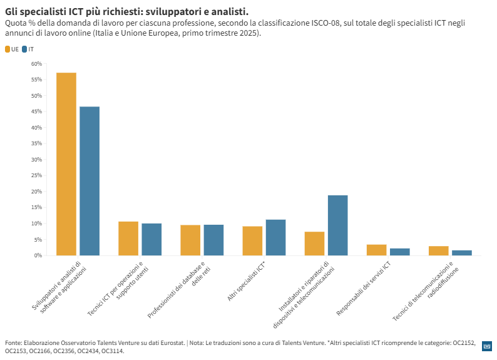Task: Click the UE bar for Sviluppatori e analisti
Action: pos(66,164)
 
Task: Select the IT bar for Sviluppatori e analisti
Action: pos(90,181)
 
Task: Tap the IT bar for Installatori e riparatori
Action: pos(337,225)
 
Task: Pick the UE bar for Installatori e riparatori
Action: pos(314,244)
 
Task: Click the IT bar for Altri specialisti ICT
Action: pos(275,237)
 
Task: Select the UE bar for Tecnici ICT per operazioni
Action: pos(128,239)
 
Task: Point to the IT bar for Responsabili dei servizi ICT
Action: pos(399,252)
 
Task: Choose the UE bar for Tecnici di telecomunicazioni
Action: pos(438,250)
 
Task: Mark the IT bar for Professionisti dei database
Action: pos(213,240)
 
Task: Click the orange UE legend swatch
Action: pos(8,49)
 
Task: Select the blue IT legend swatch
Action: pos(24,49)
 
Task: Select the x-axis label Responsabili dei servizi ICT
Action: pos(364,288)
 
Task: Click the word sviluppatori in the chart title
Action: pos(172,12)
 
